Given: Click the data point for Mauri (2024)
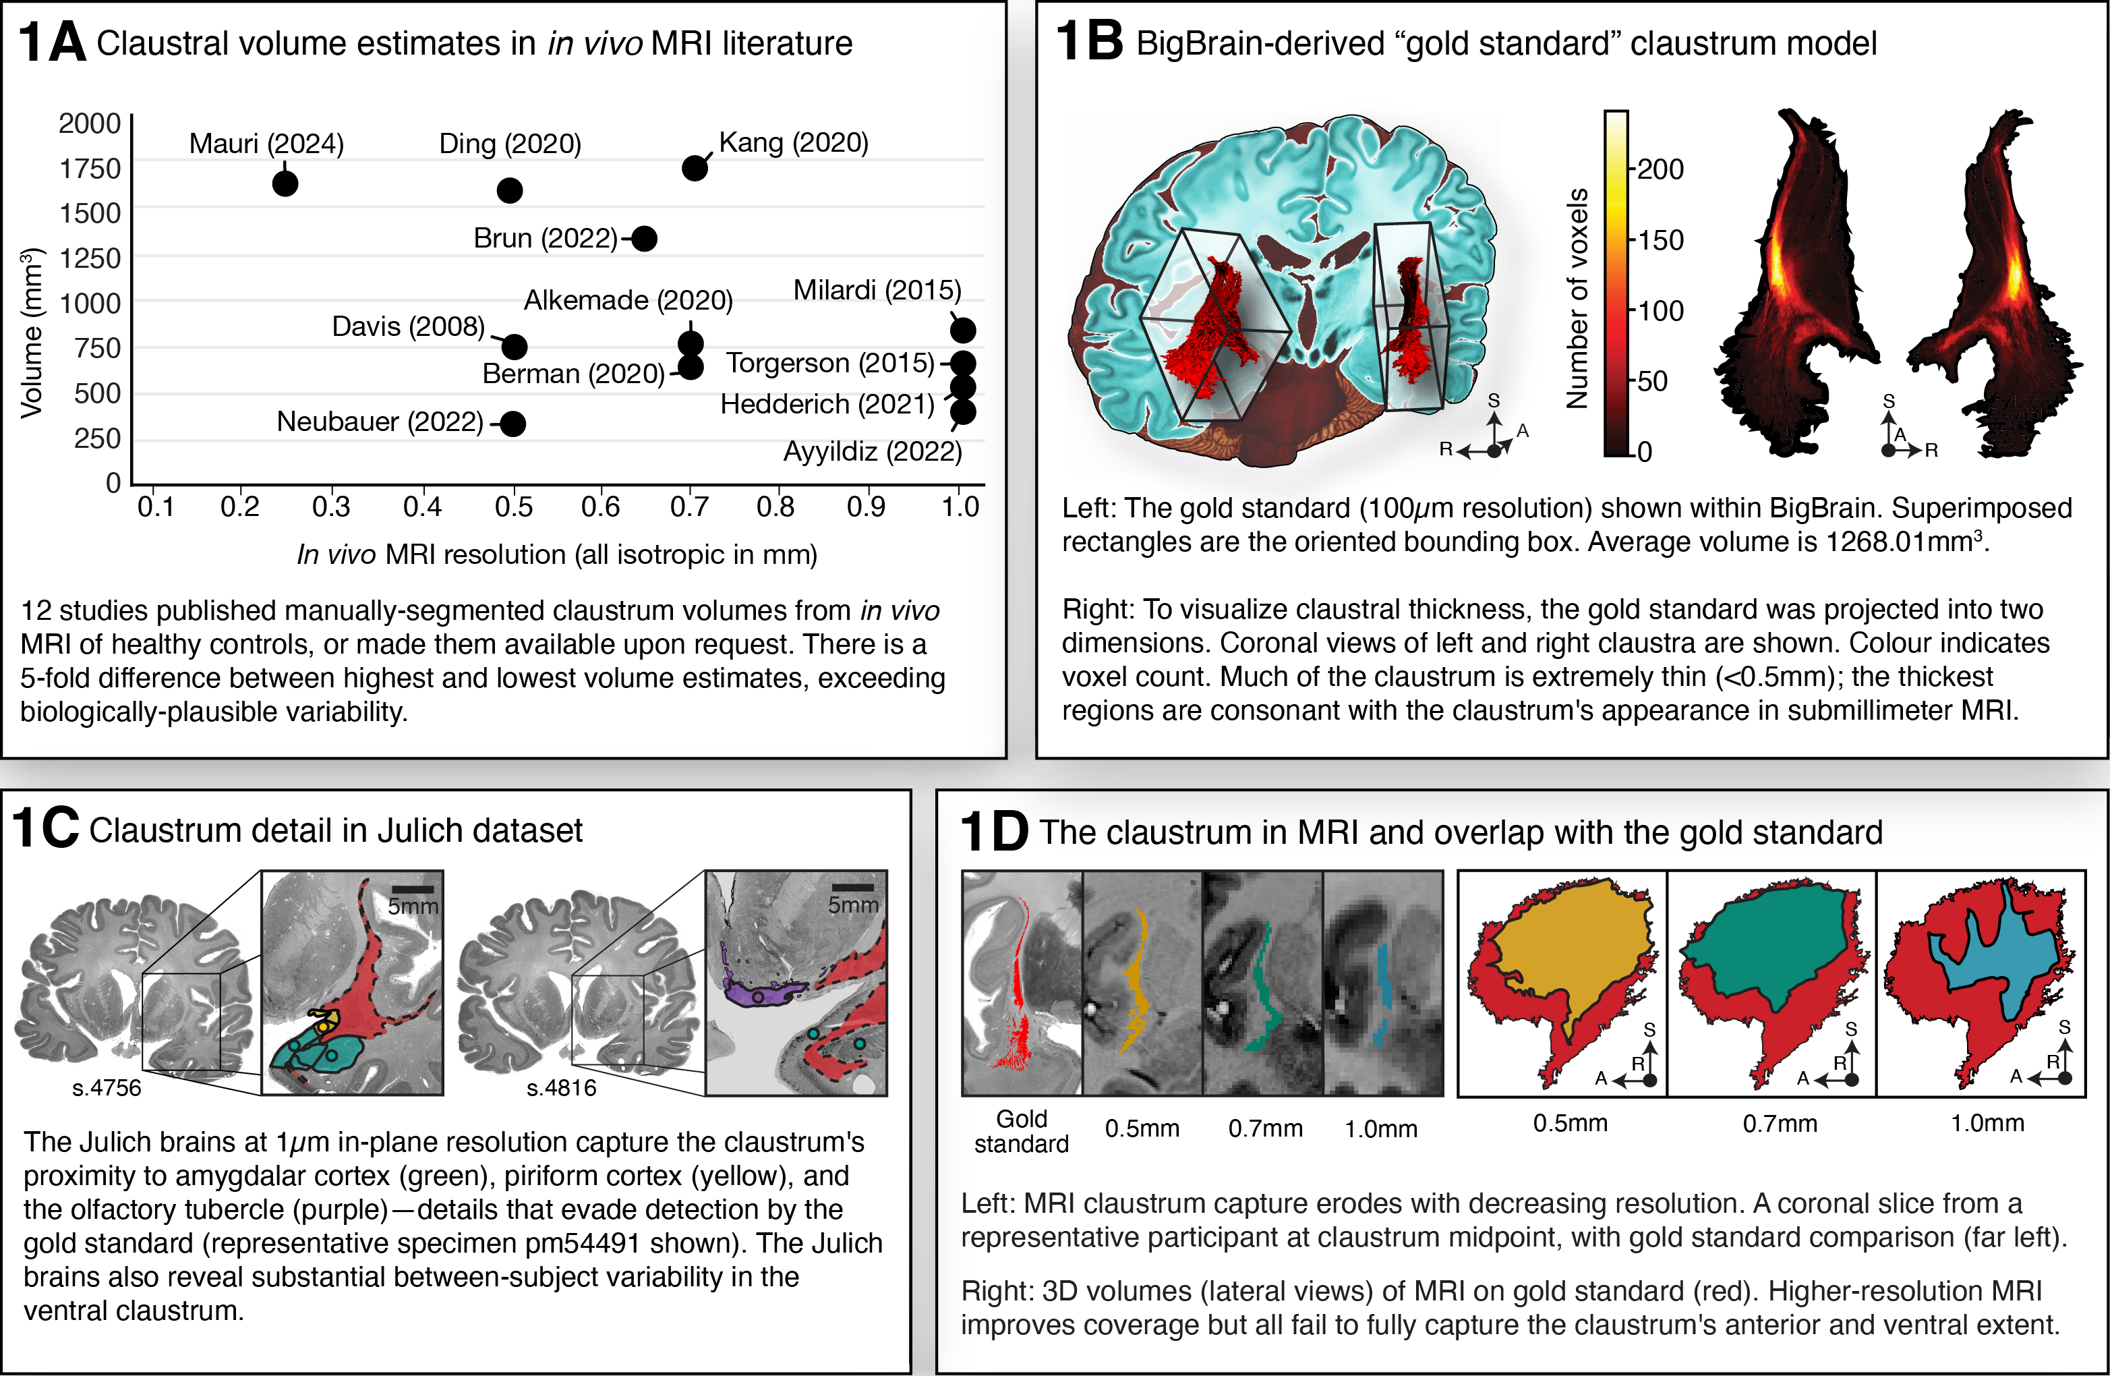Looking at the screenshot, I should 285,183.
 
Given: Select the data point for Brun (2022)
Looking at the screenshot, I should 645,239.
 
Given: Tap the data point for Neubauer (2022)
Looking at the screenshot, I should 513,424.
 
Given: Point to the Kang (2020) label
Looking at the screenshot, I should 794,142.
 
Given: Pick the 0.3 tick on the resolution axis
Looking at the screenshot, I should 330,507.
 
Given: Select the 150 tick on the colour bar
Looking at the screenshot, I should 1660,240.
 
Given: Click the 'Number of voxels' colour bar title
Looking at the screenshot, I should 1577,298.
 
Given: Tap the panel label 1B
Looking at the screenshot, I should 1088,42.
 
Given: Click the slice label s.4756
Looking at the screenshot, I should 107,1088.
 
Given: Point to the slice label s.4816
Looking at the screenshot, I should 561,1088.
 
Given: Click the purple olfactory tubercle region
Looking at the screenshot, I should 763,993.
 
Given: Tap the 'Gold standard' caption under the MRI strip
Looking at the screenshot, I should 1022,1131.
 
